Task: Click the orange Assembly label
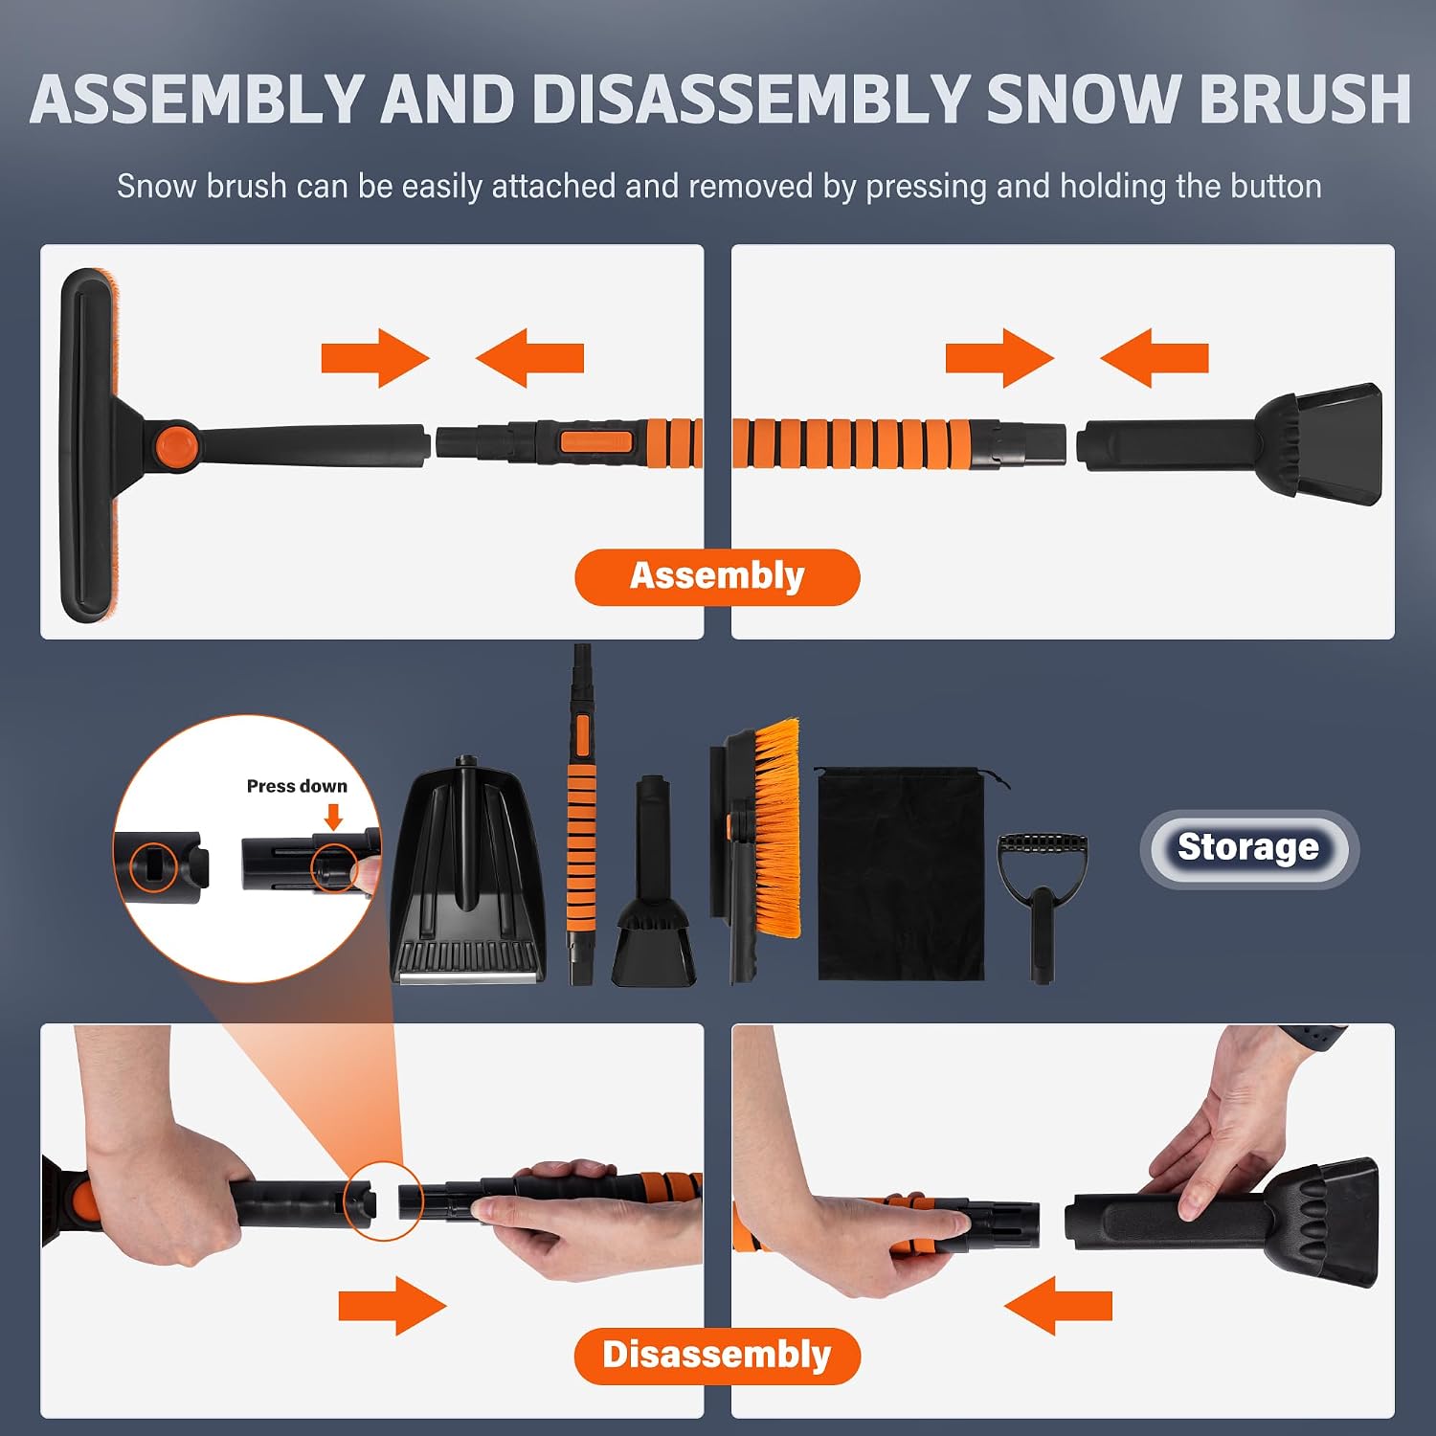tap(717, 576)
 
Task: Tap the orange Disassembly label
tap(717, 1356)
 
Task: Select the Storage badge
tap(1248, 848)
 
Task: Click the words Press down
tap(297, 786)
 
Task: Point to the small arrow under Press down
tap(333, 817)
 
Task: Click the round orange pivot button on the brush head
tap(176, 445)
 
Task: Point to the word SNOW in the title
tap(1081, 99)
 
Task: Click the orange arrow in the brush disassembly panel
tap(393, 1305)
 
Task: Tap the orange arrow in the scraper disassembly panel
tap(1058, 1305)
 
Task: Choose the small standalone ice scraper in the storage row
tap(655, 882)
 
